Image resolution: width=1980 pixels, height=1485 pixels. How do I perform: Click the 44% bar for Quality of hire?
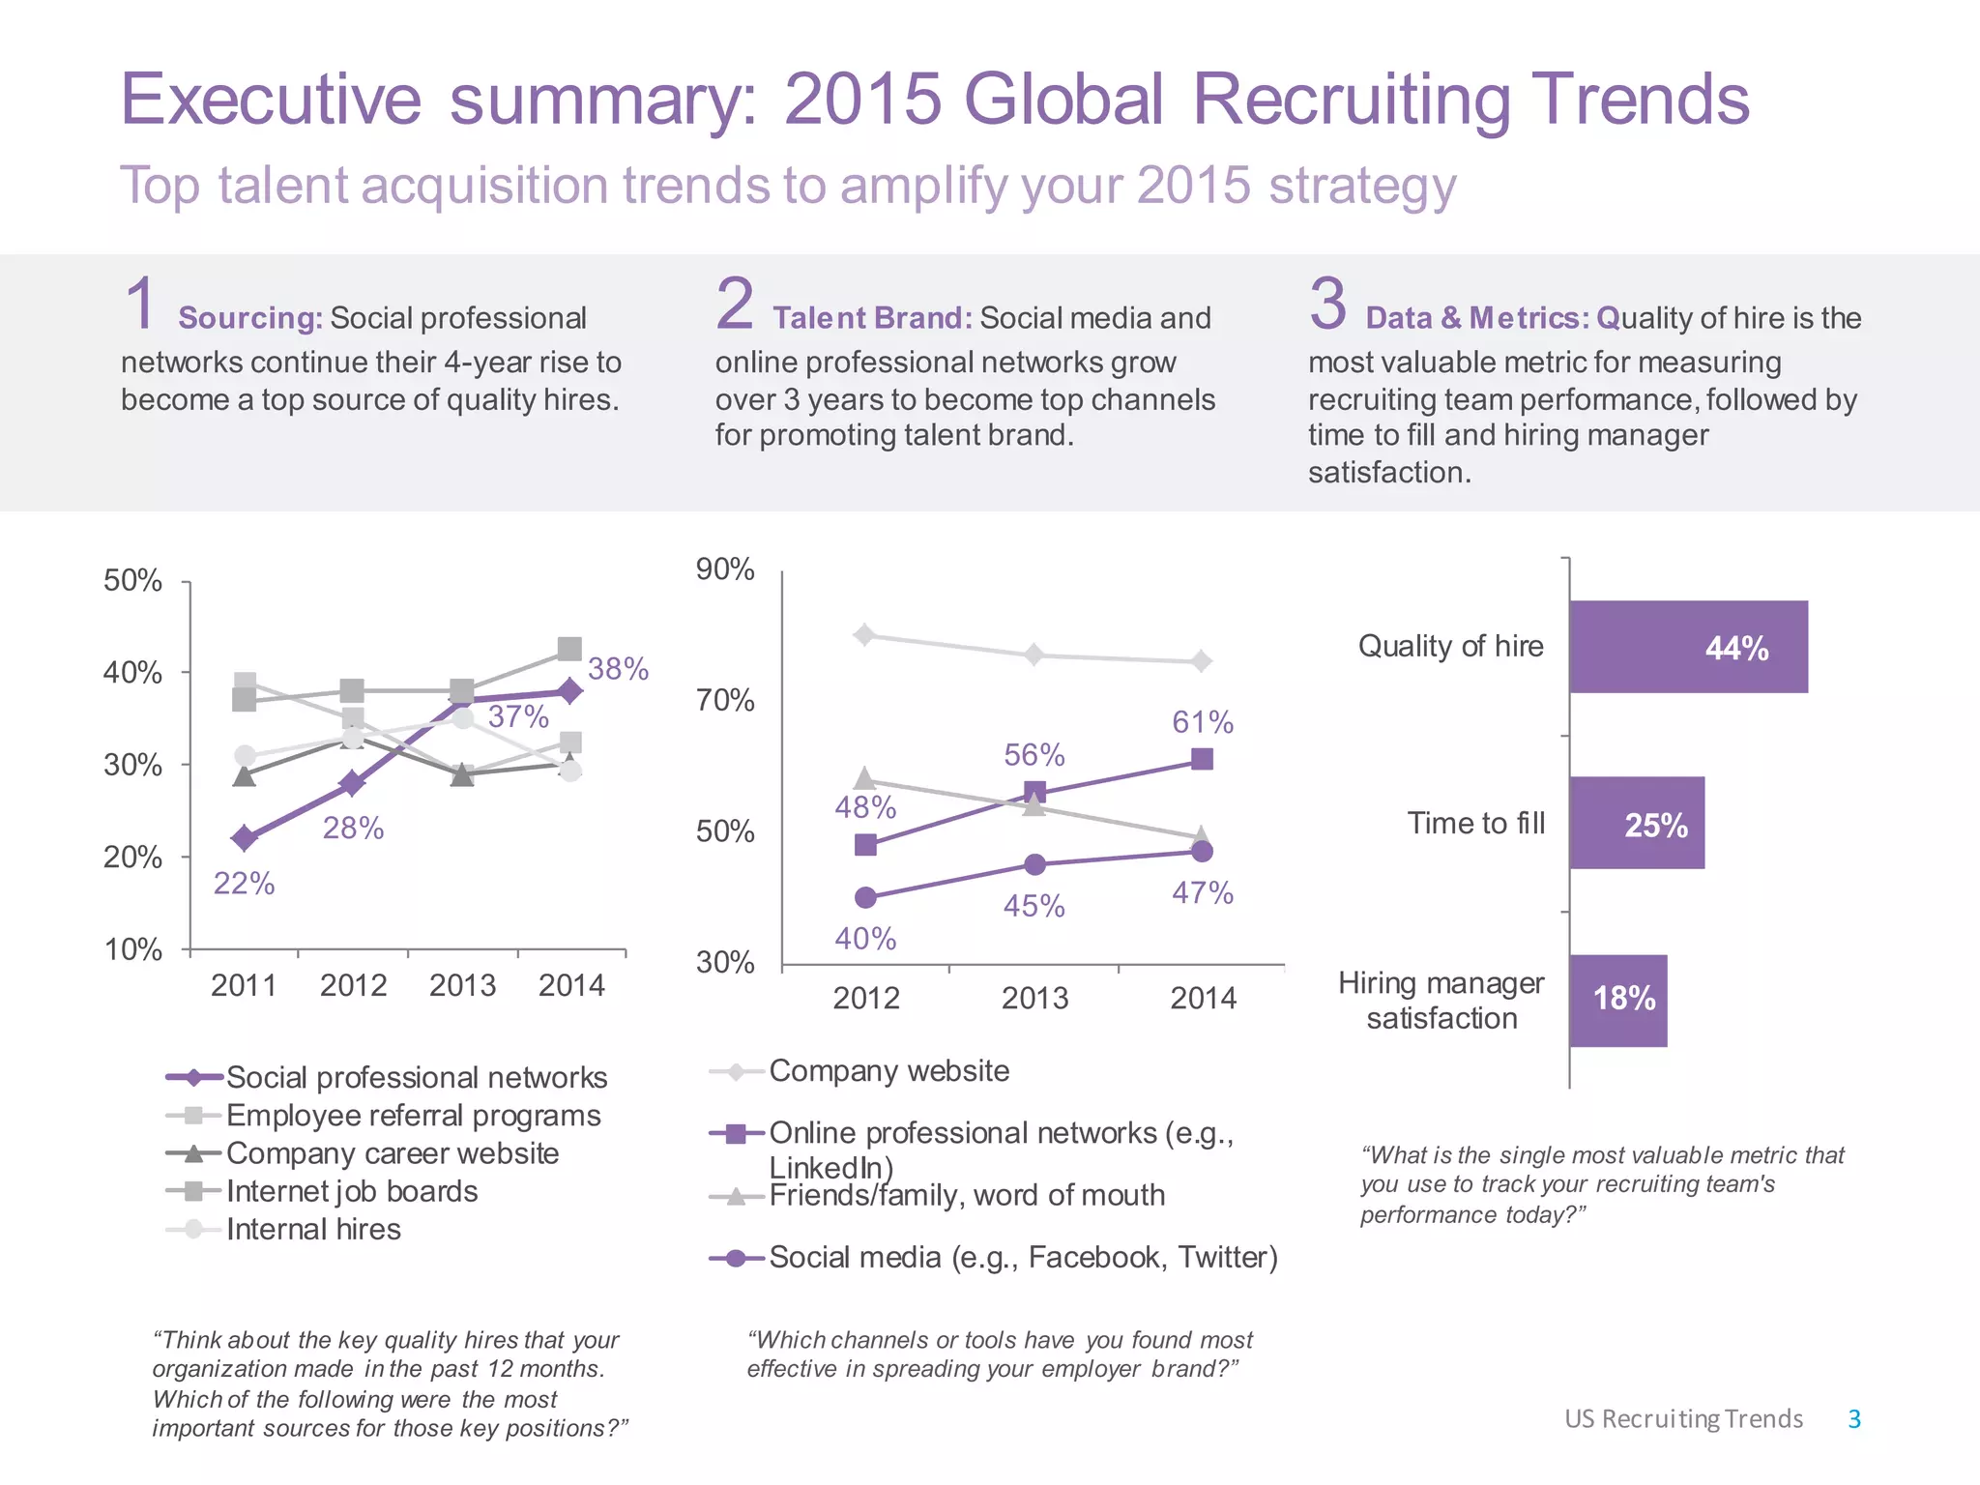[x=1687, y=647]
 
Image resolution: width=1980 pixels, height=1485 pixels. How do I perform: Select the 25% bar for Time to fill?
[x=1636, y=823]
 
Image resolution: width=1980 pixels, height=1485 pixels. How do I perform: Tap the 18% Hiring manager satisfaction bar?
[x=1617, y=1000]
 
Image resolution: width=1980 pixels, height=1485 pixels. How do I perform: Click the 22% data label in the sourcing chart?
[x=244, y=884]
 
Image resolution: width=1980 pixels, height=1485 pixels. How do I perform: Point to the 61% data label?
[x=1202, y=722]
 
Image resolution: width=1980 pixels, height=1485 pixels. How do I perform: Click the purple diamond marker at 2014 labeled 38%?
[x=570, y=690]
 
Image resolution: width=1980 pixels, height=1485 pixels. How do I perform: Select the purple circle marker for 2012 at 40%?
[x=865, y=897]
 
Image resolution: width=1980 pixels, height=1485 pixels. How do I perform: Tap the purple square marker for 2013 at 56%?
[x=1034, y=793]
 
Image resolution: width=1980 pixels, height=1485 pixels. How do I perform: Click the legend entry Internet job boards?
[x=351, y=1191]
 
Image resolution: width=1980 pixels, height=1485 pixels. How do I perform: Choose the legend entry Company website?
[x=888, y=1071]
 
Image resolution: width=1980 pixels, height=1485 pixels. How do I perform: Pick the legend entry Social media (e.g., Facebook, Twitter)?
[x=1022, y=1258]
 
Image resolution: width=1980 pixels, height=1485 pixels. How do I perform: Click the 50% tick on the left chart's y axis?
[x=132, y=580]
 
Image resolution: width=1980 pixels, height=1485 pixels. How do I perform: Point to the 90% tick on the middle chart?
[x=725, y=568]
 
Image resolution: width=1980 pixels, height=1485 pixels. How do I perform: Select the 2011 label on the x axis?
[x=244, y=985]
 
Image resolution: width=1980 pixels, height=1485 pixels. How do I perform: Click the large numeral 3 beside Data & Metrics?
[x=1327, y=304]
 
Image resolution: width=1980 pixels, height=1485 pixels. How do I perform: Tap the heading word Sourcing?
[x=250, y=318]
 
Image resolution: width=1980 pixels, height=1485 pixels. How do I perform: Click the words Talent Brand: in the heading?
[x=871, y=318]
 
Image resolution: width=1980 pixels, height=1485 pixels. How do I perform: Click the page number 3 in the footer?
[x=1853, y=1418]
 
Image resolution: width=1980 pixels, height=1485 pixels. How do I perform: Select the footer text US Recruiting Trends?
[x=1683, y=1418]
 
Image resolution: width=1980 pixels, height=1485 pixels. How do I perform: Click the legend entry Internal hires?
[x=312, y=1230]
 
